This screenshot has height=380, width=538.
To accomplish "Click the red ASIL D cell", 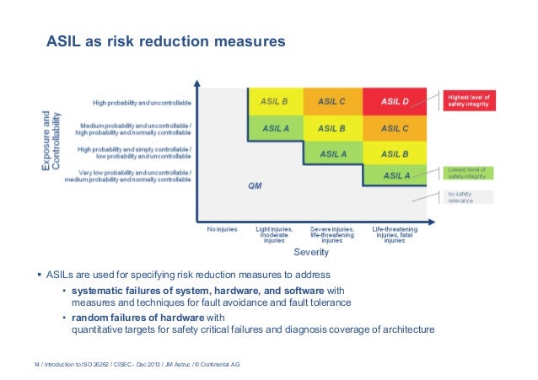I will [x=394, y=102].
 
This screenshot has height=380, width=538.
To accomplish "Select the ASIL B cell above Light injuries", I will [x=275, y=102].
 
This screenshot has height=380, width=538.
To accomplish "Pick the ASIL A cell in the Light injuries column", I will [x=275, y=128].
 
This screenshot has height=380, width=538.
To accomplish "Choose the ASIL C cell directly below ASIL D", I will [x=394, y=128].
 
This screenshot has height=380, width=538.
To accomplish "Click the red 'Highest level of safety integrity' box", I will [x=471, y=101].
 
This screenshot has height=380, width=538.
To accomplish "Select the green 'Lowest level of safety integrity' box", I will [x=469, y=173].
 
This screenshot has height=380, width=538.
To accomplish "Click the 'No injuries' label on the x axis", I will [x=222, y=228].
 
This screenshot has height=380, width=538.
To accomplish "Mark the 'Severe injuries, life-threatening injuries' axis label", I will [x=332, y=233].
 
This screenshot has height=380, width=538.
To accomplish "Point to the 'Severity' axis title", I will [x=310, y=252].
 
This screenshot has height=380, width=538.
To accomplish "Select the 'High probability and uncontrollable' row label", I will [x=142, y=103].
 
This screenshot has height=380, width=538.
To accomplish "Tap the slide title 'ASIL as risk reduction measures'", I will [x=164, y=41].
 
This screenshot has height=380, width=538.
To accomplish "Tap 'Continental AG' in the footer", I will [x=224, y=363].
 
